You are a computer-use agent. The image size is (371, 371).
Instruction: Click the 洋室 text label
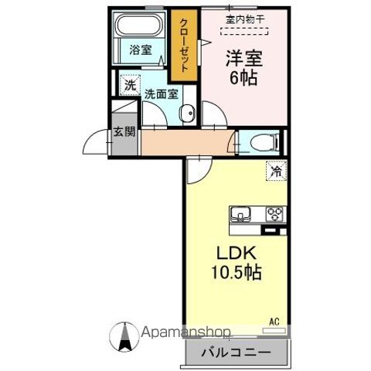[x=241, y=56]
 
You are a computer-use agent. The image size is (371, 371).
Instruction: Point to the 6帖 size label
[x=241, y=78]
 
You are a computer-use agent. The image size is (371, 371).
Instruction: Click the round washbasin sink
[x=187, y=115]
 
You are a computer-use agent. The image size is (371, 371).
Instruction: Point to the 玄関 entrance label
[x=124, y=131]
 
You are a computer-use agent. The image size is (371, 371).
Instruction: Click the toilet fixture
[x=257, y=141]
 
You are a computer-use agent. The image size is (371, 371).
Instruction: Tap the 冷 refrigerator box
[x=276, y=172]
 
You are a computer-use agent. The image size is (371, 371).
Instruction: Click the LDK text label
[x=236, y=254]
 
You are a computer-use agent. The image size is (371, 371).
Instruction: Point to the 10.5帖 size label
[x=236, y=273]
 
